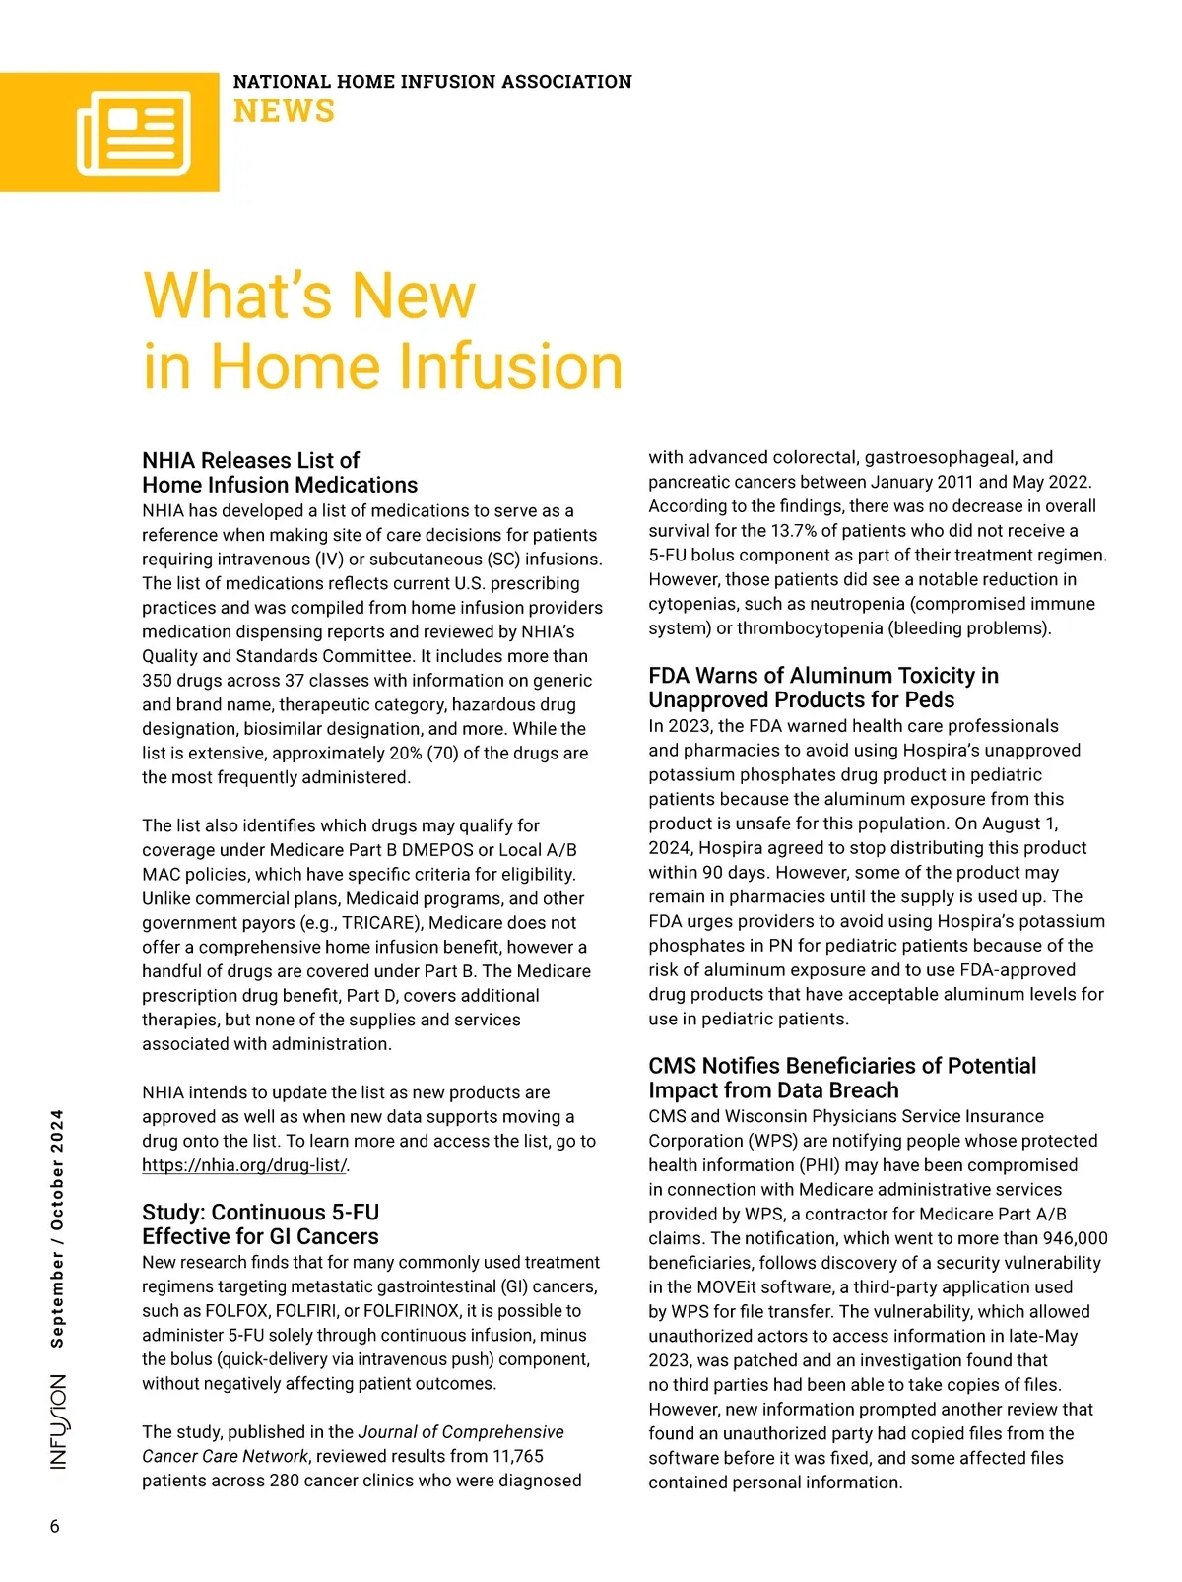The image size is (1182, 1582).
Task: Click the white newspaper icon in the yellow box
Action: tap(134, 133)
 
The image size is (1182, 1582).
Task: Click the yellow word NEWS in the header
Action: tap(284, 111)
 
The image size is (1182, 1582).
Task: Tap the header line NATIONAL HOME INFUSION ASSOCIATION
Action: tap(432, 82)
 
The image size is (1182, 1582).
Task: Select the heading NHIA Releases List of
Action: tap(251, 460)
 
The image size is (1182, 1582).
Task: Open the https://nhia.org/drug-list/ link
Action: tap(244, 1165)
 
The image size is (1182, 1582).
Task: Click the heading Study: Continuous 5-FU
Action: tap(261, 1212)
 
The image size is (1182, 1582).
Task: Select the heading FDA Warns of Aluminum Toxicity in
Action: tap(823, 676)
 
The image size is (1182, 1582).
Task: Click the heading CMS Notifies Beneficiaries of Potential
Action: tap(842, 1066)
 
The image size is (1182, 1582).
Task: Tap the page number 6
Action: tap(55, 1526)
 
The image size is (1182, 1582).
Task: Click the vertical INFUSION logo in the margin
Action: tap(59, 1421)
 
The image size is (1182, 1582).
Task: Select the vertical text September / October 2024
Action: tap(57, 1228)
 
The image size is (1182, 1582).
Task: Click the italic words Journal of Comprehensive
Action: tap(461, 1432)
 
